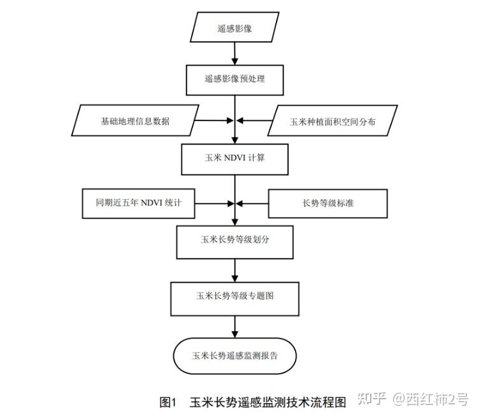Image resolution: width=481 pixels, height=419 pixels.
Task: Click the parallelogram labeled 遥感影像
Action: [234, 29]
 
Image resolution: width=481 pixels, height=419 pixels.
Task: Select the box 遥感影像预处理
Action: [234, 79]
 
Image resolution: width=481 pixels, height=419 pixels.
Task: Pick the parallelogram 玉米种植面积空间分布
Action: [333, 121]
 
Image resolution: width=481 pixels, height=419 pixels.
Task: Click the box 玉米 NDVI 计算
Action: [234, 159]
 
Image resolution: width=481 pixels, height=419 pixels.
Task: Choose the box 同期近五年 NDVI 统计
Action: [138, 203]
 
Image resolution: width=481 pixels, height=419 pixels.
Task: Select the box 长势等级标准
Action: [327, 204]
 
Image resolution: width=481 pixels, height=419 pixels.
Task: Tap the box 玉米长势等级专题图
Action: [234, 296]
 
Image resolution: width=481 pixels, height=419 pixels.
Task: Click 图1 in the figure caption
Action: [167, 402]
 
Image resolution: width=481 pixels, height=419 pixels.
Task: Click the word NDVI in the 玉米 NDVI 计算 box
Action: [235, 159]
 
